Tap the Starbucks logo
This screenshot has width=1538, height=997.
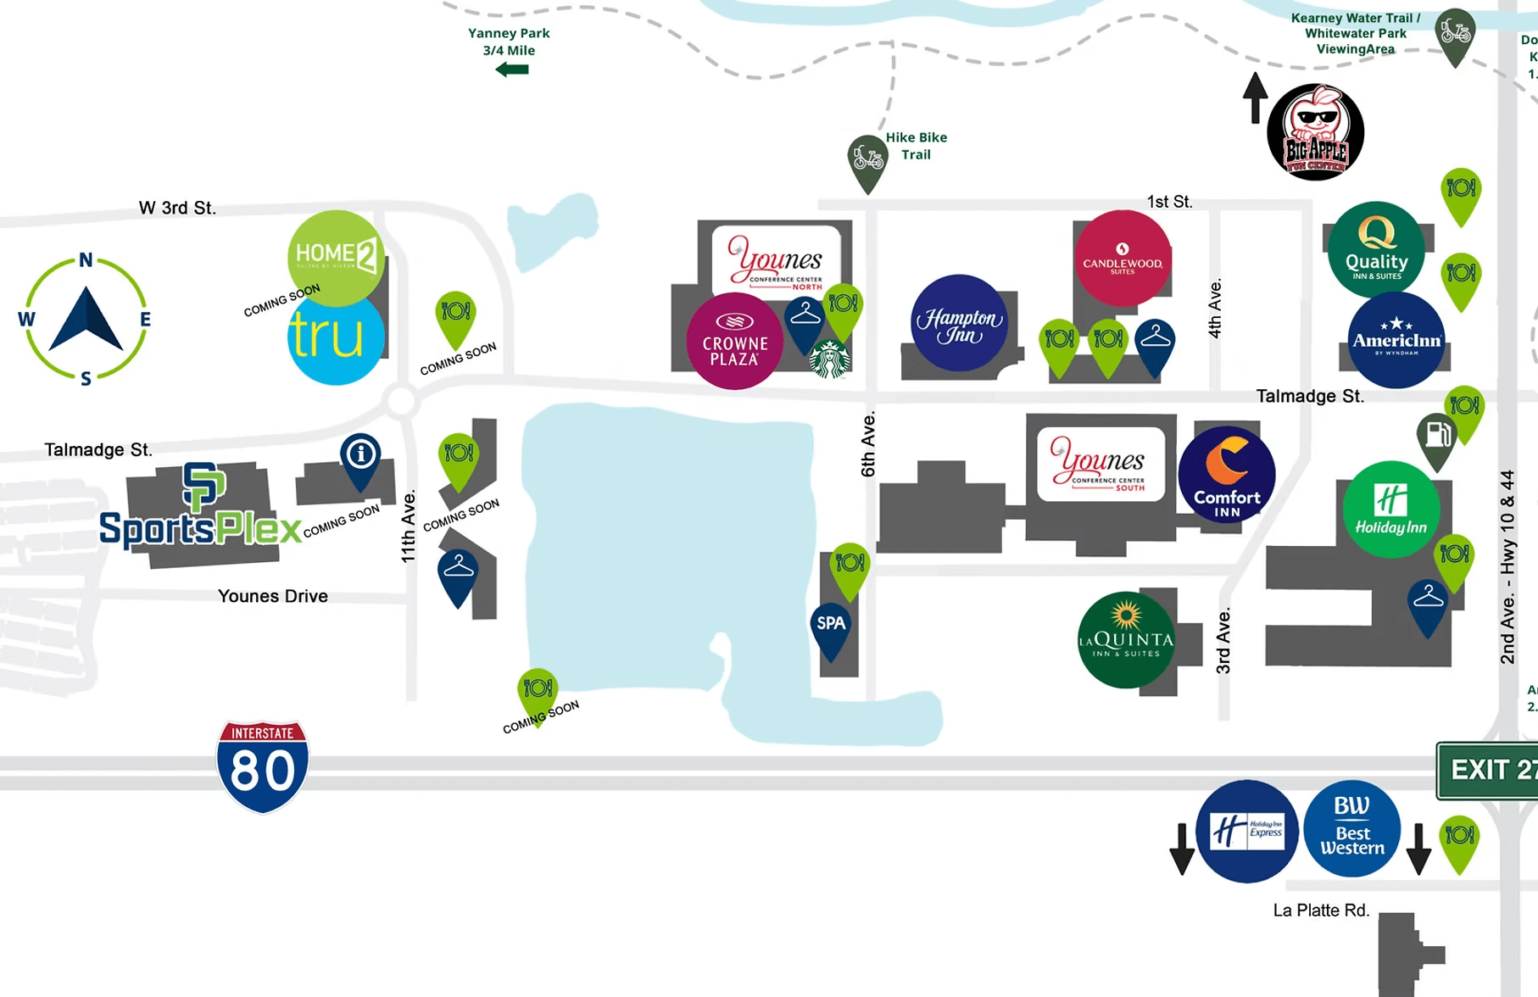(x=829, y=358)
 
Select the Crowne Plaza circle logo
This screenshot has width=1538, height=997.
(x=734, y=342)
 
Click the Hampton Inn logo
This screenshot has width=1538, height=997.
(x=960, y=323)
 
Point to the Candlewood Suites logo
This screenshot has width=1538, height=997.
(x=1123, y=259)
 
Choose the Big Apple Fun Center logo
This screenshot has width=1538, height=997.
(x=1315, y=132)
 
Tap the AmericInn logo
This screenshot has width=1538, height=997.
(x=1396, y=340)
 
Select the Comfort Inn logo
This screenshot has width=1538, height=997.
(x=1227, y=475)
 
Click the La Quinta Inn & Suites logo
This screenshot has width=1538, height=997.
(x=1126, y=640)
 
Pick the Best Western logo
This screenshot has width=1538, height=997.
(x=1351, y=828)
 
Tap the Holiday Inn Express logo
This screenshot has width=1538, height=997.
(x=1246, y=831)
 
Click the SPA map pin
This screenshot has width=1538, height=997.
(x=831, y=627)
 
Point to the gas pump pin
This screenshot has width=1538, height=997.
(x=1437, y=437)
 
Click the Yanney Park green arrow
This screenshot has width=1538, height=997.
(x=512, y=70)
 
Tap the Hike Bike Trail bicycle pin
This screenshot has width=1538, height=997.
(x=867, y=159)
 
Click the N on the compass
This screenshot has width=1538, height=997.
(x=86, y=260)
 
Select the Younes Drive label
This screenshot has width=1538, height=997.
(x=272, y=596)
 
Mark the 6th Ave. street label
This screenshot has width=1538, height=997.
(x=868, y=444)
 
